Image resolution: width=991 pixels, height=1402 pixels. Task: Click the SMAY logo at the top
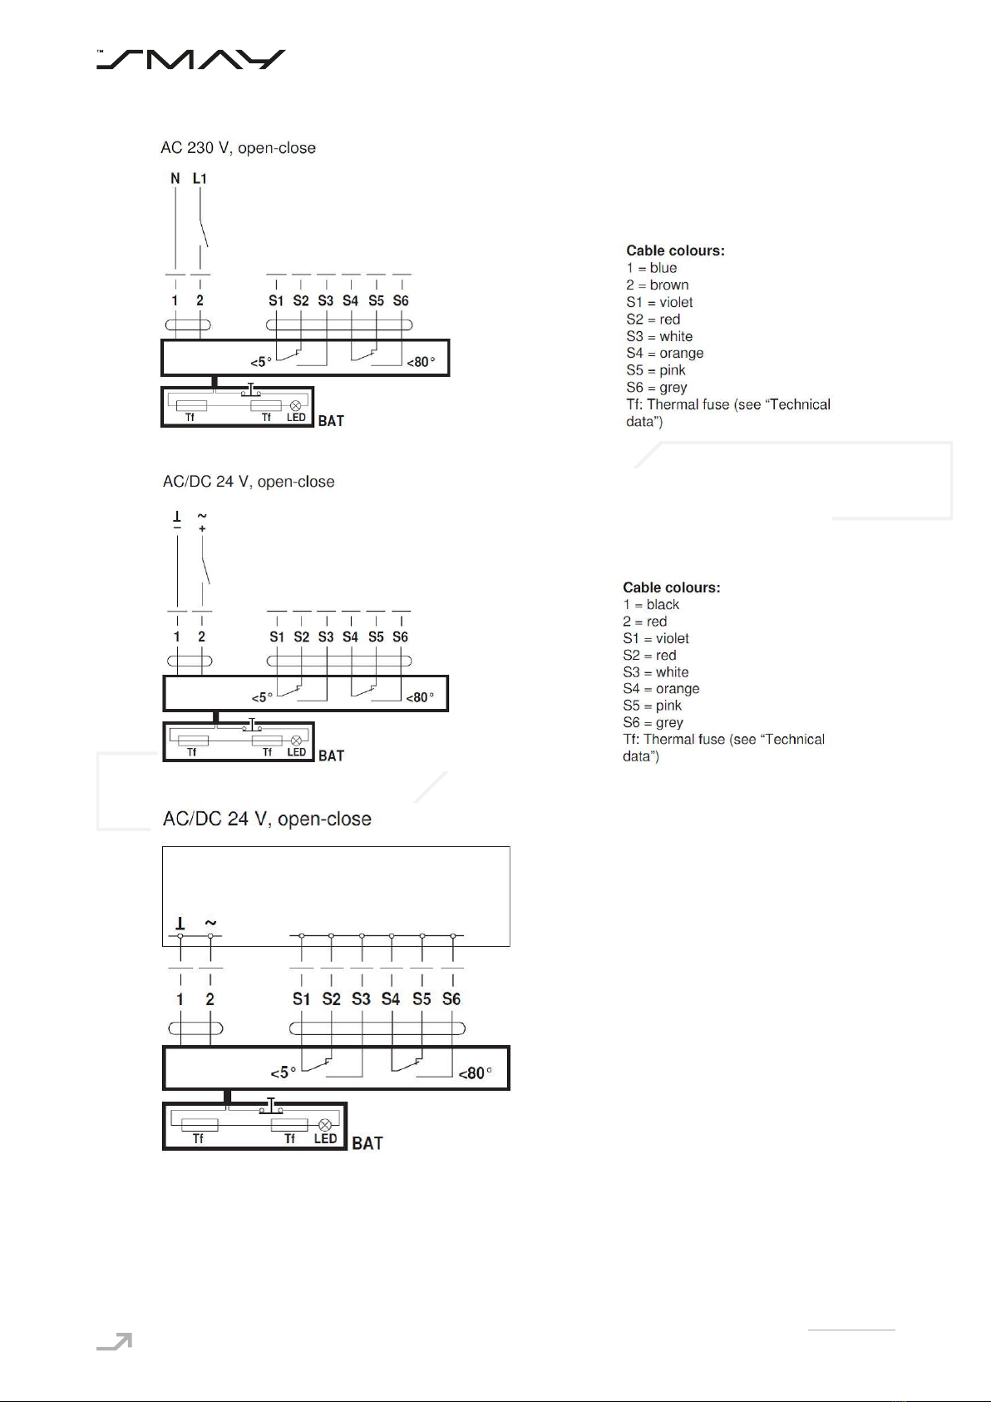coord(190,59)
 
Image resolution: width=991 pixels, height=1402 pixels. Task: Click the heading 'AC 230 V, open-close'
coord(239,148)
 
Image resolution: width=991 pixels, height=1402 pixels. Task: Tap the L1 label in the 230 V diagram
coord(200,178)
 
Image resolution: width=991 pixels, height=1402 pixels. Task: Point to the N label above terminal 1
coord(175,178)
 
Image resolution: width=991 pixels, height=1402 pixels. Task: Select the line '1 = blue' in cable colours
coord(652,268)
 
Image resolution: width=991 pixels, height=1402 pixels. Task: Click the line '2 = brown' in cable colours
coord(657,285)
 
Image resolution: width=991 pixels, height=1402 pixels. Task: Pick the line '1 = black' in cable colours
coord(651,605)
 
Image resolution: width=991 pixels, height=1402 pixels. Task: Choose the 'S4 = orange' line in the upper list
coord(664,353)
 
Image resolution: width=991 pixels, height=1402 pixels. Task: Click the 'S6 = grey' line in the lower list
coord(653,722)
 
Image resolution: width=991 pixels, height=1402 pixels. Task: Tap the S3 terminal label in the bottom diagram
coord(361,999)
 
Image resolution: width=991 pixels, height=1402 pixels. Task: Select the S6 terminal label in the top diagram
coord(401,300)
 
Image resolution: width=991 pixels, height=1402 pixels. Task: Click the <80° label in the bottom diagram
coord(476,1073)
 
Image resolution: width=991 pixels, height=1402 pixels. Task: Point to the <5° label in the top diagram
coord(261,362)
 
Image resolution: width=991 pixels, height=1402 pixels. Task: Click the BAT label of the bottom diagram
coord(367,1143)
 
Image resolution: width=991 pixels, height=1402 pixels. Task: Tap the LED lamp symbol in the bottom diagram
coord(325,1125)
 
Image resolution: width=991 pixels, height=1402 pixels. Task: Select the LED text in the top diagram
coord(296,418)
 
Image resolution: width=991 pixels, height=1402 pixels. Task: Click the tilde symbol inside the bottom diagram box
coord(210,923)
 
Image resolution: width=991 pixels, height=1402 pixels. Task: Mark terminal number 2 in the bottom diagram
coord(210,999)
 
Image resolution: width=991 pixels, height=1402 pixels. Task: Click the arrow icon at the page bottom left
coord(115,1341)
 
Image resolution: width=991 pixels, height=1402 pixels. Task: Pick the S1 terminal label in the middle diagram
coord(276,637)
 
